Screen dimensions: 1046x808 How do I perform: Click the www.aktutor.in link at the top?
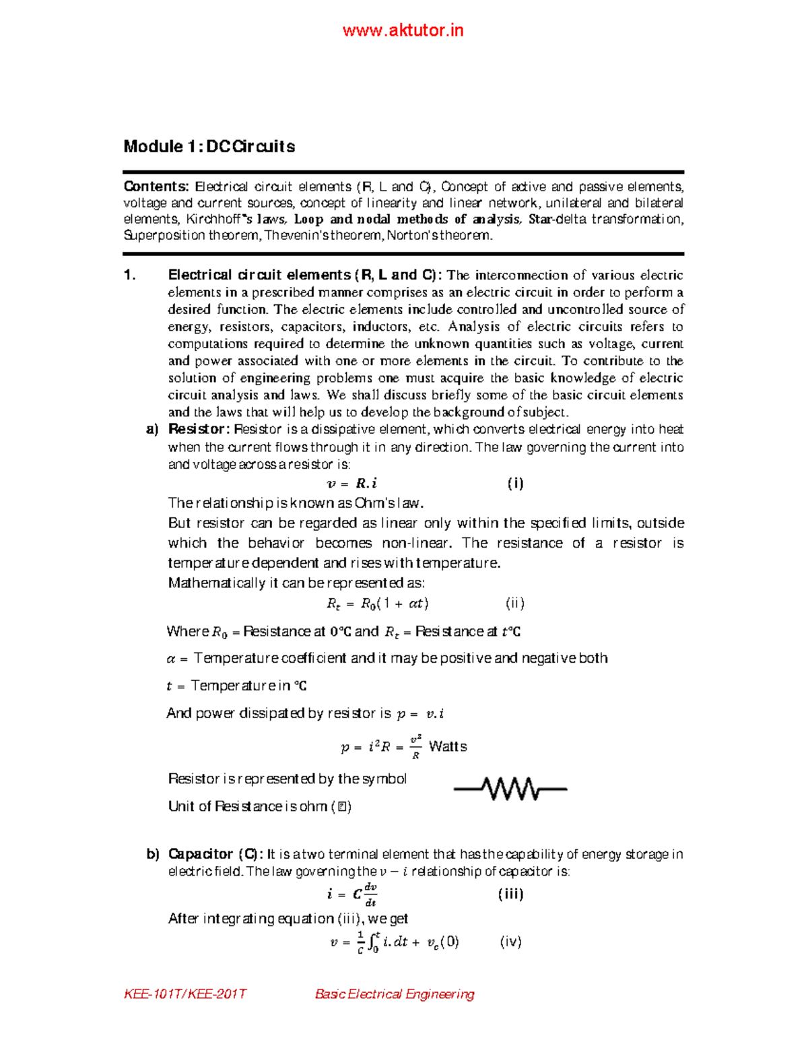pyautogui.click(x=403, y=30)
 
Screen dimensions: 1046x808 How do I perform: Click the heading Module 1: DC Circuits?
pyautogui.click(x=209, y=147)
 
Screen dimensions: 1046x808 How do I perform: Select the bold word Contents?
pyautogui.click(x=156, y=187)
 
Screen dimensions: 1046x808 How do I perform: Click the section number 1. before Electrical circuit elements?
pyautogui.click(x=130, y=275)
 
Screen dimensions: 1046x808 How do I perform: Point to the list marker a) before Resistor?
pyautogui.click(x=152, y=429)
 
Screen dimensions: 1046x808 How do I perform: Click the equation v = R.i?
pyautogui.click(x=351, y=483)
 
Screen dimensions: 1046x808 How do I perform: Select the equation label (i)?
pyautogui.click(x=515, y=483)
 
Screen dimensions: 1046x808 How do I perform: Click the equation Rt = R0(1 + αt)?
pyautogui.click(x=377, y=603)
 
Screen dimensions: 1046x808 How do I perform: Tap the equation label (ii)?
pyautogui.click(x=515, y=603)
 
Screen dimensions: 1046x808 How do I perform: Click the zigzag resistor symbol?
pyautogui.click(x=510, y=788)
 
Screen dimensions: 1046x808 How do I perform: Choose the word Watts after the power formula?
pyautogui.click(x=448, y=746)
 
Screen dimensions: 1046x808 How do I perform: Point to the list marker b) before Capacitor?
pyautogui.click(x=153, y=854)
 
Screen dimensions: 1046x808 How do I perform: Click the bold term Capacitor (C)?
pyautogui.click(x=215, y=854)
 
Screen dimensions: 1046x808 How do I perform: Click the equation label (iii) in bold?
pyautogui.click(x=510, y=894)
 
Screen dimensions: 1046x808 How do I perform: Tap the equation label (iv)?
pyautogui.click(x=510, y=942)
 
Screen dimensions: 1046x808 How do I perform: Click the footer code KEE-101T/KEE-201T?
pyautogui.click(x=185, y=994)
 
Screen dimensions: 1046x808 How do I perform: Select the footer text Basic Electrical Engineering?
pyautogui.click(x=395, y=994)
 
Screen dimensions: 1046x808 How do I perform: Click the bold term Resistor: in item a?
pyautogui.click(x=199, y=429)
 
